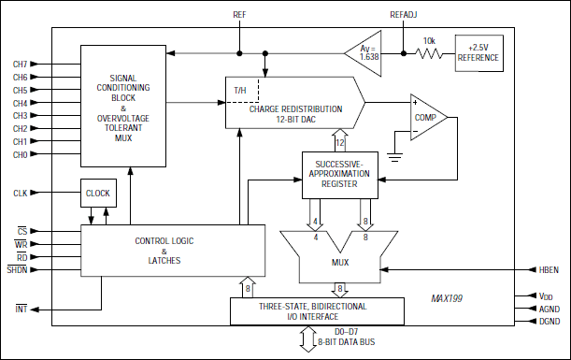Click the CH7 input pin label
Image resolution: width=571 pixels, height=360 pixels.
point(20,64)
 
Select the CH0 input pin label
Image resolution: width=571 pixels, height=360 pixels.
point(20,154)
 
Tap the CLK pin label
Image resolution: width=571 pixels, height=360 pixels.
point(20,194)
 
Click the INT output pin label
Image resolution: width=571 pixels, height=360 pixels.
point(20,309)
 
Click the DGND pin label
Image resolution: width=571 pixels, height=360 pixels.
point(549,321)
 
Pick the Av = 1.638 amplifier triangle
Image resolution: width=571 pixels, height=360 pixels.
point(363,54)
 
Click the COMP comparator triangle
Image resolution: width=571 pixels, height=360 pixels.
point(428,118)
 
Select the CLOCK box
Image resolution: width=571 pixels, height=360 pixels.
point(97,193)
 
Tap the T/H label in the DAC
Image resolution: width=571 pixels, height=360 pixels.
point(240,92)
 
